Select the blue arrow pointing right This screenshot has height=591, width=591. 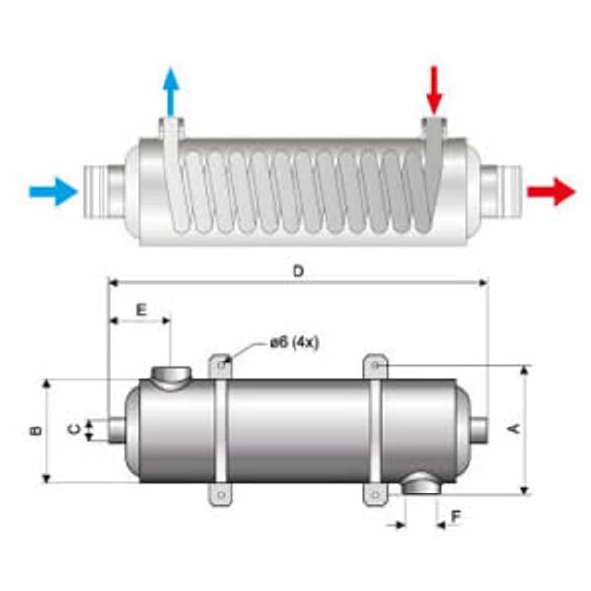click(52, 190)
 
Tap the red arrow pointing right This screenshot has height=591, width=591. click(551, 191)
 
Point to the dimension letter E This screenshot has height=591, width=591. click(140, 309)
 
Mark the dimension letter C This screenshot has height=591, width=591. click(73, 429)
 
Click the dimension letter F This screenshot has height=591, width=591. click(455, 515)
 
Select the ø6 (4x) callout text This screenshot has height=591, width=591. click(295, 343)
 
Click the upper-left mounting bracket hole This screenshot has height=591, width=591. click(223, 364)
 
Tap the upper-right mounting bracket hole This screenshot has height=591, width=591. click(377, 365)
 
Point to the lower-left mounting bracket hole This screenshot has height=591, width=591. click(222, 493)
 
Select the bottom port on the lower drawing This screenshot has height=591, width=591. click(425, 484)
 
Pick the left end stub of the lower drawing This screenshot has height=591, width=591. click(115, 429)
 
